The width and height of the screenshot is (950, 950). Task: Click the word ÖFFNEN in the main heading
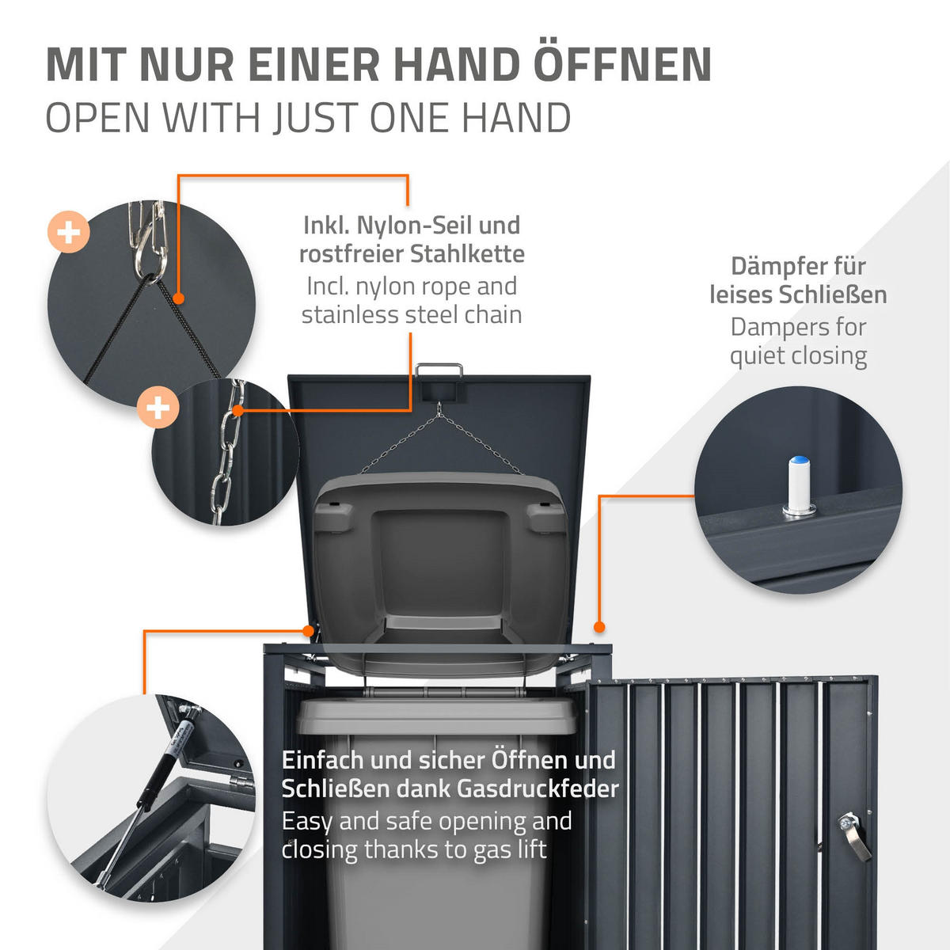coord(623,65)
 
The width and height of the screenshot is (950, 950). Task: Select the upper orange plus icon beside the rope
coord(69,232)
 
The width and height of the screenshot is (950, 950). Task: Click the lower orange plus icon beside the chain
coord(158,408)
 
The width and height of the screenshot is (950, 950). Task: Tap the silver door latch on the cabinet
coord(853,834)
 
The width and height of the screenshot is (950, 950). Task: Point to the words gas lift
coord(510,849)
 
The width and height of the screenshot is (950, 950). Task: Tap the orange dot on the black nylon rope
coord(179,299)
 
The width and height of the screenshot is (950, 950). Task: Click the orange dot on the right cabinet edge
coord(599,626)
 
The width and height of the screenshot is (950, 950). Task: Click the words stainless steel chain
coord(412,315)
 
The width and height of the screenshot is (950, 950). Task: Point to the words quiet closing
coord(798,356)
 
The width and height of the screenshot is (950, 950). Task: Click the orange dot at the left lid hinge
coord(309,630)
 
